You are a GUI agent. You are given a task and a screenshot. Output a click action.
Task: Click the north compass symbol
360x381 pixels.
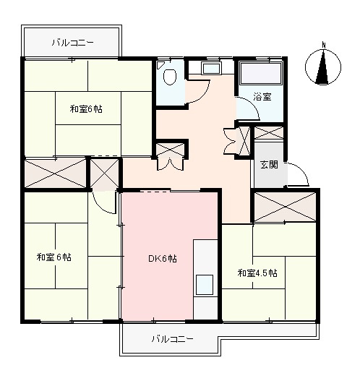coord(323,67)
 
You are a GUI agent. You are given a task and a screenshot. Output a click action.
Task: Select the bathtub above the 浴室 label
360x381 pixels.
coord(262,75)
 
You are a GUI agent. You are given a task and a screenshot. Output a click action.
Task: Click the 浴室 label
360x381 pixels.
coord(262,97)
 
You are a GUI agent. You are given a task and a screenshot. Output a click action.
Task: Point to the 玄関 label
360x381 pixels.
coord(270,164)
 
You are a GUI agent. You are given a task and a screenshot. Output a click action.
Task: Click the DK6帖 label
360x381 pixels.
coord(163,258)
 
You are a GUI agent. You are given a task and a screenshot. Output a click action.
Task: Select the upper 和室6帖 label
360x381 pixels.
coord(85,109)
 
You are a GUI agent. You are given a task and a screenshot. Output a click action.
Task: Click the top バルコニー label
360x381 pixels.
coord(72,43)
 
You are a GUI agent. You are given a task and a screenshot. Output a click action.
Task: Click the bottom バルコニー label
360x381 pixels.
coord(173,338)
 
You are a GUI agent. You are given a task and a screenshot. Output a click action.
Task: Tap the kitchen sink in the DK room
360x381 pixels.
coord(205,284)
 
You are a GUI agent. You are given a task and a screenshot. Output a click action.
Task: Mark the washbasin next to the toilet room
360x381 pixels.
coord(211,69)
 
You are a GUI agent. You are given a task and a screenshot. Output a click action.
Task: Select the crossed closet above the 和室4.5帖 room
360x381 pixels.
coord(284,207)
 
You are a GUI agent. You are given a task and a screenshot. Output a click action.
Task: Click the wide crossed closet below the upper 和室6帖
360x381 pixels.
coord(55,173)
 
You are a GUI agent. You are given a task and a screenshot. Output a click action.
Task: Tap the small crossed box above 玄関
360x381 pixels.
coord(269,134)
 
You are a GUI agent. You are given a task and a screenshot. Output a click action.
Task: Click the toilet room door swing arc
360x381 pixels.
coord(200,87)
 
